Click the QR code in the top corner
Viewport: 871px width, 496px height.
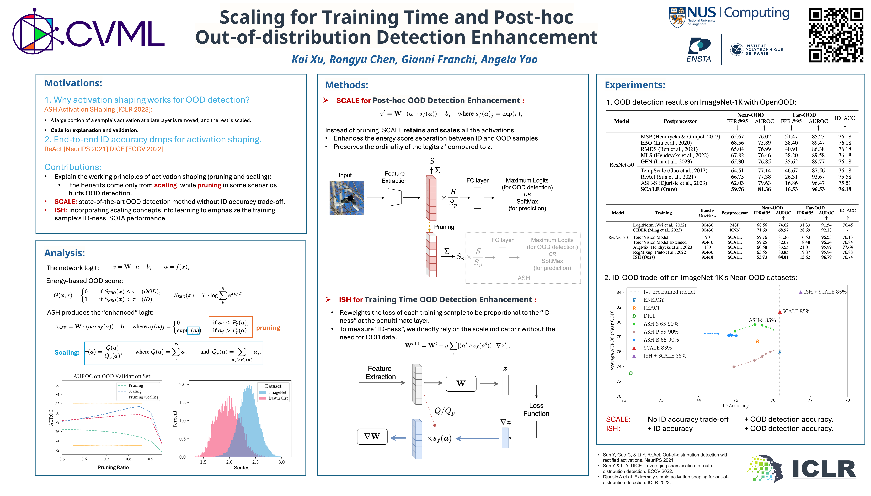(836, 35)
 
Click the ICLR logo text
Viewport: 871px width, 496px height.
(824, 469)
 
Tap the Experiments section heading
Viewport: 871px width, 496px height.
(635, 85)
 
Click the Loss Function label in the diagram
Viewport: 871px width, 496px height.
(536, 410)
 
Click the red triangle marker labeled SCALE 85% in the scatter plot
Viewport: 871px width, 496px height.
(779, 312)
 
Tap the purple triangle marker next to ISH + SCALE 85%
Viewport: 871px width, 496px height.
(801, 292)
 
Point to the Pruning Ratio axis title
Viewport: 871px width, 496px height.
(113, 467)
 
